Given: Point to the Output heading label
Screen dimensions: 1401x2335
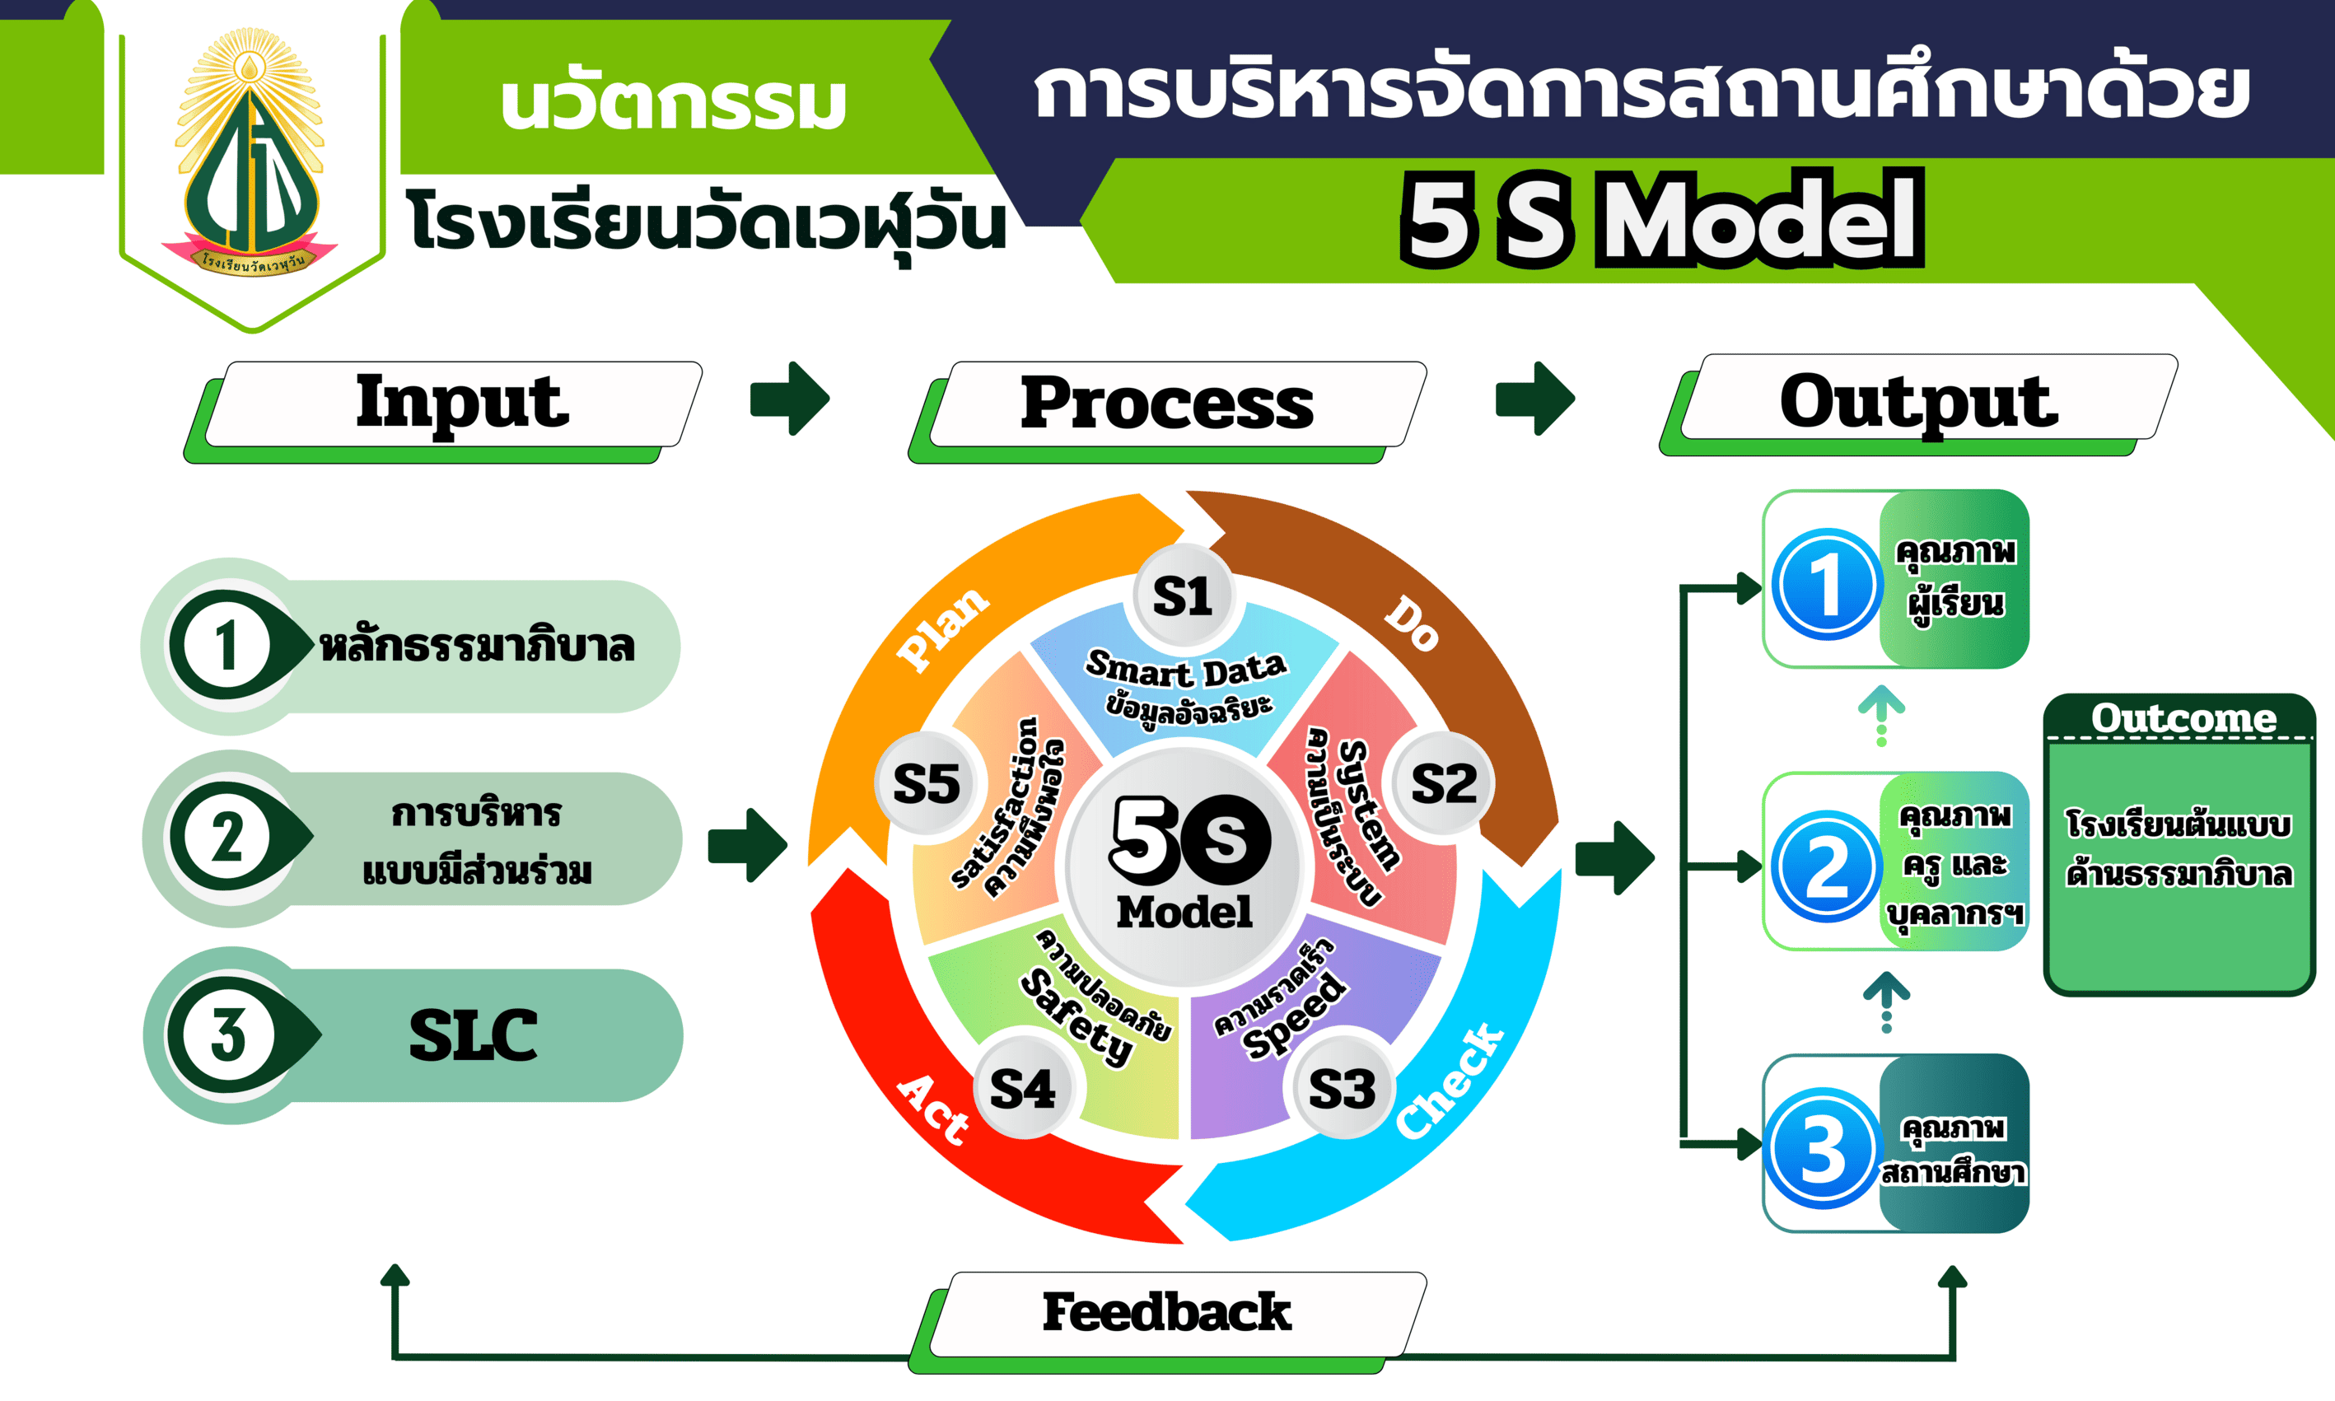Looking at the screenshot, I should (1918, 401).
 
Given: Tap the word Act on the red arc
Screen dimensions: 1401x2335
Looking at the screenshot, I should (932, 1109).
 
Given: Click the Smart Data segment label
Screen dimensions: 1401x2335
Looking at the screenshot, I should (1185, 670).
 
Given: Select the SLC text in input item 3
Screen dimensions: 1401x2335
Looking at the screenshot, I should (473, 1034).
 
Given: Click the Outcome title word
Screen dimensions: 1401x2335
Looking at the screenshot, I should (2183, 718).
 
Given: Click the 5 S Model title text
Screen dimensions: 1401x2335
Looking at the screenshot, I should (1661, 219).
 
